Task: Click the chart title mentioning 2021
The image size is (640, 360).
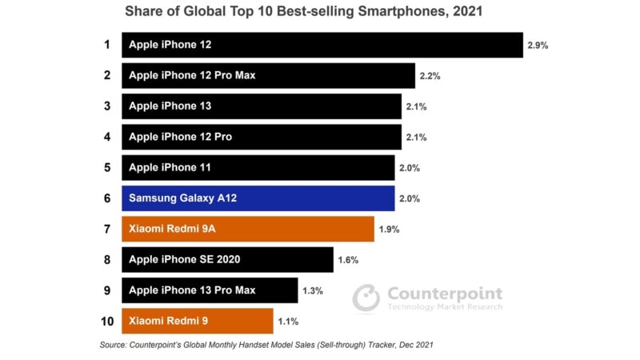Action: [303, 13]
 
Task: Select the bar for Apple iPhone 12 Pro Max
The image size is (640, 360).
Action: [269, 76]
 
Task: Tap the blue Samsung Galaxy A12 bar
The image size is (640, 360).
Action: [258, 198]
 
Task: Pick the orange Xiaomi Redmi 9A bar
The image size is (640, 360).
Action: [247, 229]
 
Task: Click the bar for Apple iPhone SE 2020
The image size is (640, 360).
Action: [227, 259]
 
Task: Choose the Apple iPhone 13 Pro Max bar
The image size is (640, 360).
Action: [210, 290]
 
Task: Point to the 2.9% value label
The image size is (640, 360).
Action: [538, 46]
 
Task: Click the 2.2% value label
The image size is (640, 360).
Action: [430, 76]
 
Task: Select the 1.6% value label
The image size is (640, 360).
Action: [348, 260]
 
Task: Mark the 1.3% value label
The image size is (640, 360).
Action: [312, 290]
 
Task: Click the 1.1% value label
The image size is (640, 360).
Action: [288, 322]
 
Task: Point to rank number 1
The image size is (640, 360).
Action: [106, 45]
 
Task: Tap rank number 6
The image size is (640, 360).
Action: [106, 198]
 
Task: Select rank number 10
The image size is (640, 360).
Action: [106, 321]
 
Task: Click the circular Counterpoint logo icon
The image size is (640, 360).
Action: [366, 298]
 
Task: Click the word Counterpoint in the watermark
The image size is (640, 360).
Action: [445, 294]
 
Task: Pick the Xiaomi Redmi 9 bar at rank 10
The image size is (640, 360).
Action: [197, 321]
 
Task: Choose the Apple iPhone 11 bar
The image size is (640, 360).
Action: [258, 168]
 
